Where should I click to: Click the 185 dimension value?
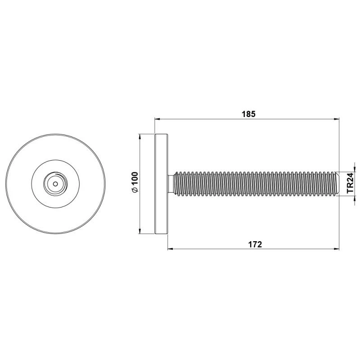click(249, 114)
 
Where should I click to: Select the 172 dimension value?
click(255, 244)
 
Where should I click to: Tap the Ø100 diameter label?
click(135, 182)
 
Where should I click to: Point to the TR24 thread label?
click(350, 183)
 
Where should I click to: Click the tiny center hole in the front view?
click(55, 184)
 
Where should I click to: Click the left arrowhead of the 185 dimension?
click(157, 119)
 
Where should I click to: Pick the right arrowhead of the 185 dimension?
click(337, 119)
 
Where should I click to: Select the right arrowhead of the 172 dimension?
click(337, 249)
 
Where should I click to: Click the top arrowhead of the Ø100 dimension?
click(140, 137)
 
